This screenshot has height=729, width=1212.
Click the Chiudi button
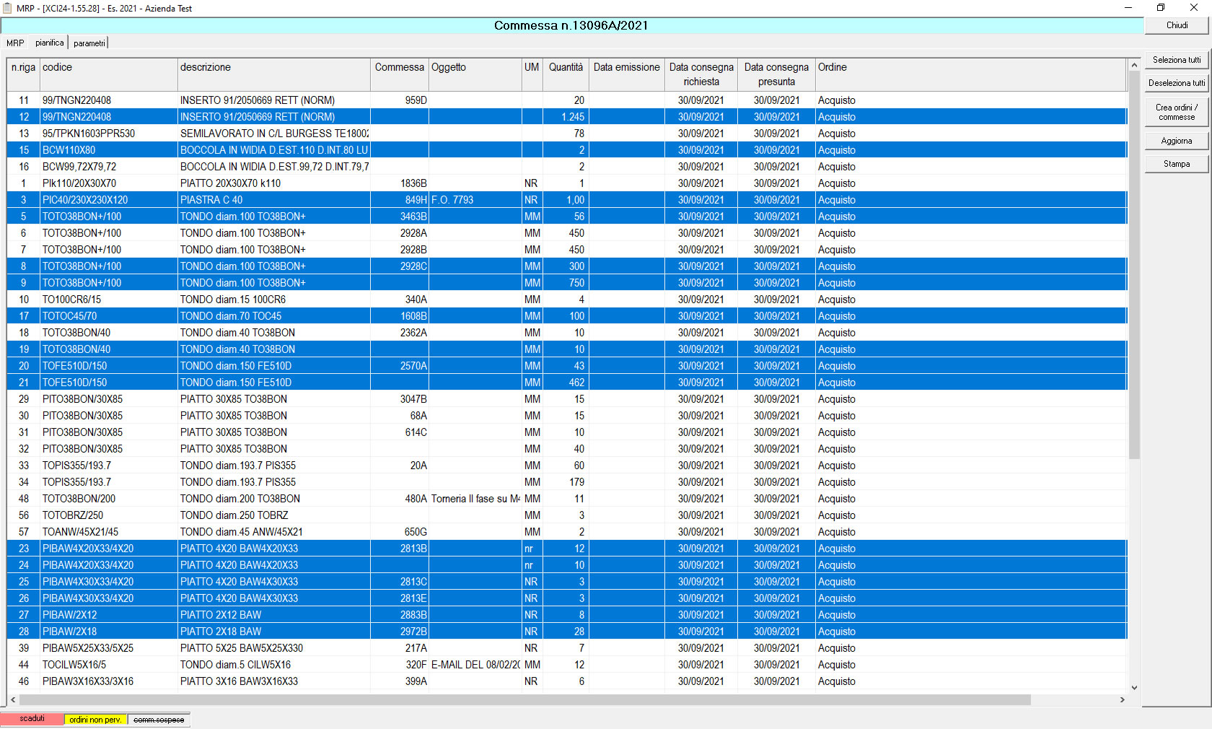[x=1177, y=25]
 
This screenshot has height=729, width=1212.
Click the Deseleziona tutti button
[x=1177, y=83]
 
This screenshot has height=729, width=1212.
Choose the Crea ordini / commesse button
[x=1177, y=112]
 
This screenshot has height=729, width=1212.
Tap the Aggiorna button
[x=1177, y=141]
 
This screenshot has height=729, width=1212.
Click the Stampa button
[x=1177, y=164]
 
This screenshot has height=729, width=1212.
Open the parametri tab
[x=89, y=43]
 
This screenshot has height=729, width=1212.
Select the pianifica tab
[x=49, y=43]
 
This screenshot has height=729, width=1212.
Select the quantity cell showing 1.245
[x=573, y=117]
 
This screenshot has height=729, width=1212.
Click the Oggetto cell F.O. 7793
[x=452, y=200]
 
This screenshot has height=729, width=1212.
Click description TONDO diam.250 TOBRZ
[x=234, y=515]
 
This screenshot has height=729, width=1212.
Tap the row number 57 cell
[x=23, y=532]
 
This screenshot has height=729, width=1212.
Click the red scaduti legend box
[x=32, y=719]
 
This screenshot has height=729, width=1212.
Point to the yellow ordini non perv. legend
[x=95, y=720]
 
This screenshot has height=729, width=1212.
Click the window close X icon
[x=1193, y=7]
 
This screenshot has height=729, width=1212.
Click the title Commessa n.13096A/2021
[x=571, y=25]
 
